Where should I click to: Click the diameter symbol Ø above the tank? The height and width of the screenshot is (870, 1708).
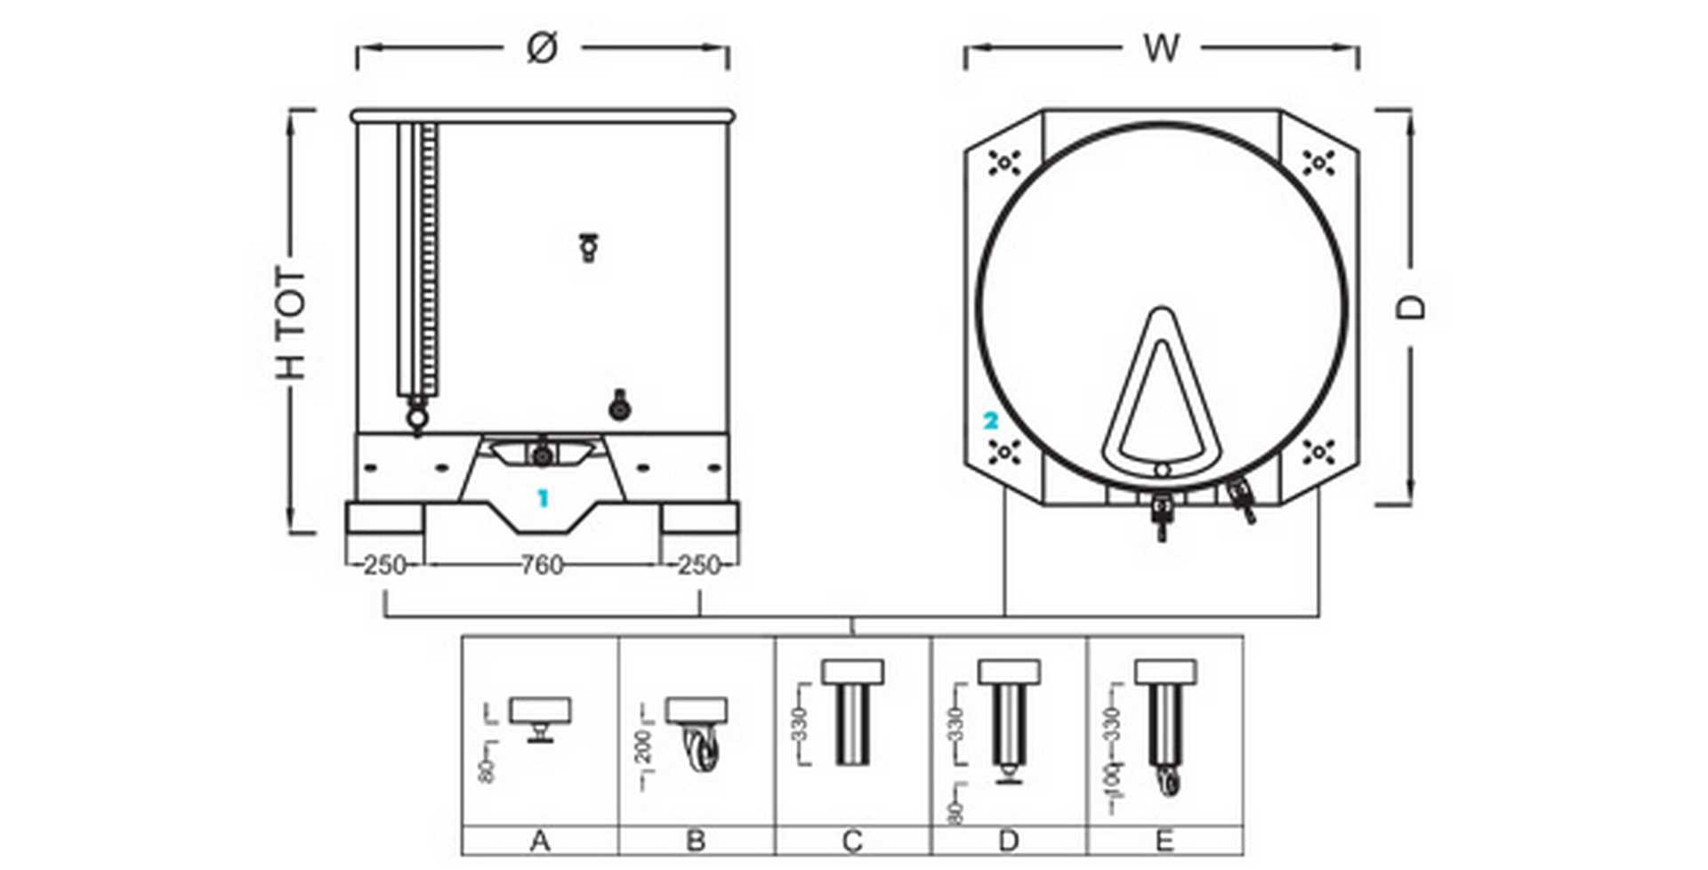tap(542, 48)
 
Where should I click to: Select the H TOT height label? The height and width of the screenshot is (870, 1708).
tap(290, 322)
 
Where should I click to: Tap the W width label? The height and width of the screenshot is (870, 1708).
tap(1161, 48)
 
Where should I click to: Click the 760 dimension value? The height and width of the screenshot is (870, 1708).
tap(541, 565)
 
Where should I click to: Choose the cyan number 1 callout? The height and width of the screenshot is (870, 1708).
tap(543, 499)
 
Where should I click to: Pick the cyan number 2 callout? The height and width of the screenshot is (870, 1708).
tap(990, 421)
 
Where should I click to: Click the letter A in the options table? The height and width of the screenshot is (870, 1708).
tap(539, 841)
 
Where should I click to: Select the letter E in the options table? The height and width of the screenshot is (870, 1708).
tap(1164, 841)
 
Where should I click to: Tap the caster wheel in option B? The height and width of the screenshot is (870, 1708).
tap(702, 753)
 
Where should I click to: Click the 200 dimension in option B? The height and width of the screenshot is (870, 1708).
tap(645, 746)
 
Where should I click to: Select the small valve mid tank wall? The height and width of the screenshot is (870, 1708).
tap(588, 246)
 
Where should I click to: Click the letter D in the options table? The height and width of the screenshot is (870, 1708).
tap(1008, 841)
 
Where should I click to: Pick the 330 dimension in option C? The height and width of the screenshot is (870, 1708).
tap(800, 723)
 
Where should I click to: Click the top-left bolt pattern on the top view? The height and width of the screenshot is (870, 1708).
tap(1003, 163)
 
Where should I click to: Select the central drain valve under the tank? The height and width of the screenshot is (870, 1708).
tap(541, 455)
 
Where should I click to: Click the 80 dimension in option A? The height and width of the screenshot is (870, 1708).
tap(487, 770)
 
